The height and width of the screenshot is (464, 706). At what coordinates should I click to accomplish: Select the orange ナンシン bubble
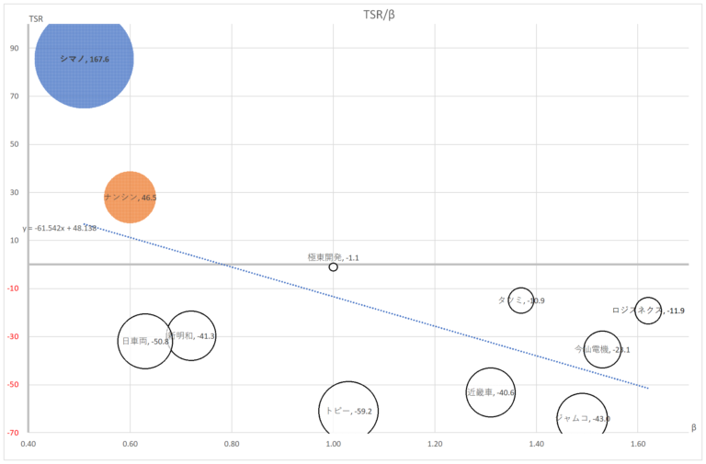[x=130, y=197]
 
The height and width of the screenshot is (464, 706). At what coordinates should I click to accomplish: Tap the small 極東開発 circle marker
[x=333, y=266]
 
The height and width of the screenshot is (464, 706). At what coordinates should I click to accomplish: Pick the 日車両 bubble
[x=145, y=341]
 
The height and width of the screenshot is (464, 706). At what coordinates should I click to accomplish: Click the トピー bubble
[x=347, y=410]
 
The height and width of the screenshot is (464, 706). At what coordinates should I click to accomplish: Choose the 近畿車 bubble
[x=490, y=391]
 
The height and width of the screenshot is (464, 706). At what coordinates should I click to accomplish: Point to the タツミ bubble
[x=521, y=300]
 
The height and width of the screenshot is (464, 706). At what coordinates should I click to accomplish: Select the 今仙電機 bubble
[x=602, y=349]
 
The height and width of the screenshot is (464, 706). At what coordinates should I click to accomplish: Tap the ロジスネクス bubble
[x=648, y=311]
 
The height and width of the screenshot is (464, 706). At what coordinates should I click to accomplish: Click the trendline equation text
[x=59, y=228]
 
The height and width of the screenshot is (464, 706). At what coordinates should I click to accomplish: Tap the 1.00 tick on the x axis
[x=333, y=443]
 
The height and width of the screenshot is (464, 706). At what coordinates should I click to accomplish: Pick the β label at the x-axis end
[x=694, y=427]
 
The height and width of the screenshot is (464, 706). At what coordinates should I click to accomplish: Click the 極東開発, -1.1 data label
[x=333, y=257]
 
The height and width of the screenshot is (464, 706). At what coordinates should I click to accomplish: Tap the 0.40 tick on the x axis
[x=28, y=443]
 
